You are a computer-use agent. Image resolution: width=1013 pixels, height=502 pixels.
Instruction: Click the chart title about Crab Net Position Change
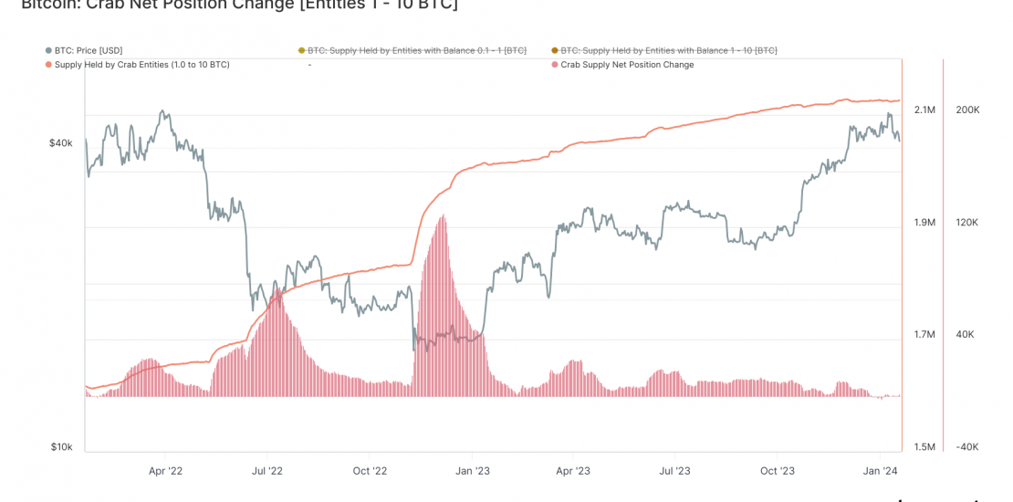pos(239,5)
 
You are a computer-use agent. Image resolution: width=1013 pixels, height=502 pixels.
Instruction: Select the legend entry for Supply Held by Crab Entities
pos(141,65)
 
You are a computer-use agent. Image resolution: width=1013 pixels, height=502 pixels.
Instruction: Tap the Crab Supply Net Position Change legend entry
pos(627,65)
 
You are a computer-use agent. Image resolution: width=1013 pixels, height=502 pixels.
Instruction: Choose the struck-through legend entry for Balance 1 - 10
pos(669,50)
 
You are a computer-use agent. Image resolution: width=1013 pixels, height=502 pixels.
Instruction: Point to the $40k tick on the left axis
pos(60,143)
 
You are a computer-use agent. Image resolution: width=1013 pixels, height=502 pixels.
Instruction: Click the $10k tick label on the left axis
pos(60,447)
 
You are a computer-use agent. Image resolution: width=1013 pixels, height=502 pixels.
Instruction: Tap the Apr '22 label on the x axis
pos(165,471)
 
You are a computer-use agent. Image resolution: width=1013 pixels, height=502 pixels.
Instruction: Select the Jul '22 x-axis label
pos(266,471)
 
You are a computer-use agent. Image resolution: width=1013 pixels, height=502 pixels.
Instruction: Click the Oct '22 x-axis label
pos(370,471)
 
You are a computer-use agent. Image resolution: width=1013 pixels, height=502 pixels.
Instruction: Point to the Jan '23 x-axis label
pos(472,471)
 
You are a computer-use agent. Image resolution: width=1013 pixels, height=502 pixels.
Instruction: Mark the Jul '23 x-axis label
pos(674,471)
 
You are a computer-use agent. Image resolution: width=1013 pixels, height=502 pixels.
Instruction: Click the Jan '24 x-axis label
pos(880,471)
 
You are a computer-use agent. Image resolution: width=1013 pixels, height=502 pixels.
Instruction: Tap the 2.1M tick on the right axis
pos(924,110)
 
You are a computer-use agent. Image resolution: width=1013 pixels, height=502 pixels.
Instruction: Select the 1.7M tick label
pos(924,335)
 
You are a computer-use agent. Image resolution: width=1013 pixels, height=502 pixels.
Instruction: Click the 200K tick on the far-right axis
pos(967,110)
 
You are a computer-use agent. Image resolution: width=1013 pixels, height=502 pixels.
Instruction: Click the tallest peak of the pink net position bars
pos(443,216)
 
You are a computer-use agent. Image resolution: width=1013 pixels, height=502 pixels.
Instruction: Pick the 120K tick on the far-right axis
pos(967,223)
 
